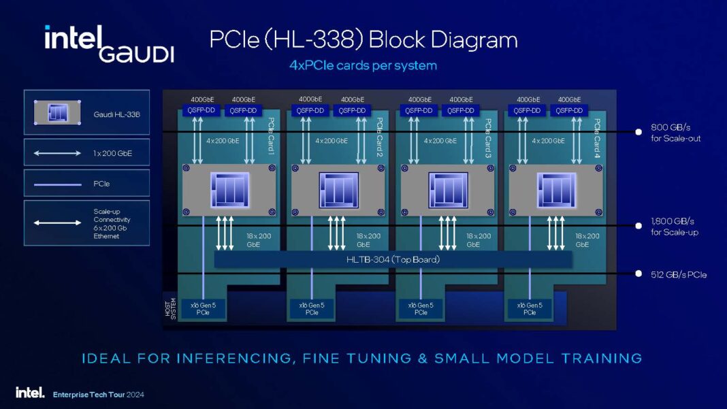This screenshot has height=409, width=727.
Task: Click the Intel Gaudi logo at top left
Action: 109,44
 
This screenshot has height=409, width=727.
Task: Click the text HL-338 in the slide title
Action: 319,39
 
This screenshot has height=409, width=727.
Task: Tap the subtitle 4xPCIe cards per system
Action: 363,66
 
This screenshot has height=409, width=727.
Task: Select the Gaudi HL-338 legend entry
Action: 86,114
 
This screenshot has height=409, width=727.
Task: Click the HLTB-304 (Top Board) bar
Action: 393,259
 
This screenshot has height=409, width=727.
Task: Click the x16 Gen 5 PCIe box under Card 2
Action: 311,309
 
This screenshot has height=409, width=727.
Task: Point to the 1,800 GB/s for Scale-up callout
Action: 674,227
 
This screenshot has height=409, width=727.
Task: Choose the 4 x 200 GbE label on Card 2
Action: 332,141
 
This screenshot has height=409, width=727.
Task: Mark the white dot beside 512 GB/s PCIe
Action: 639,274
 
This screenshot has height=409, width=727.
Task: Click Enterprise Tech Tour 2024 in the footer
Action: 99,394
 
